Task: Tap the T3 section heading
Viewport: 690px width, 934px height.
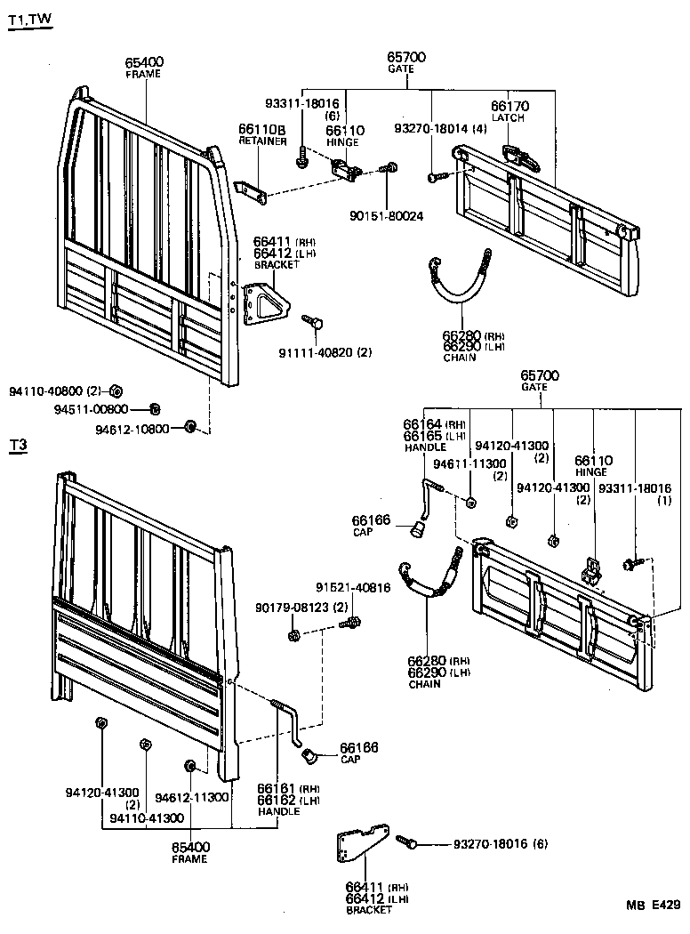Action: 18,446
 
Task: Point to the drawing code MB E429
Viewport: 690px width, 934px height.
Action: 653,906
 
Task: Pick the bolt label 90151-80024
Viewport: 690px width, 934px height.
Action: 389,215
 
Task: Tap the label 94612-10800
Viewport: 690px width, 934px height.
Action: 132,429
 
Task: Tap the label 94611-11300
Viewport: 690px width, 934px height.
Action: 469,464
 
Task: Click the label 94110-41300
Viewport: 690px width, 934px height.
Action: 147,817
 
